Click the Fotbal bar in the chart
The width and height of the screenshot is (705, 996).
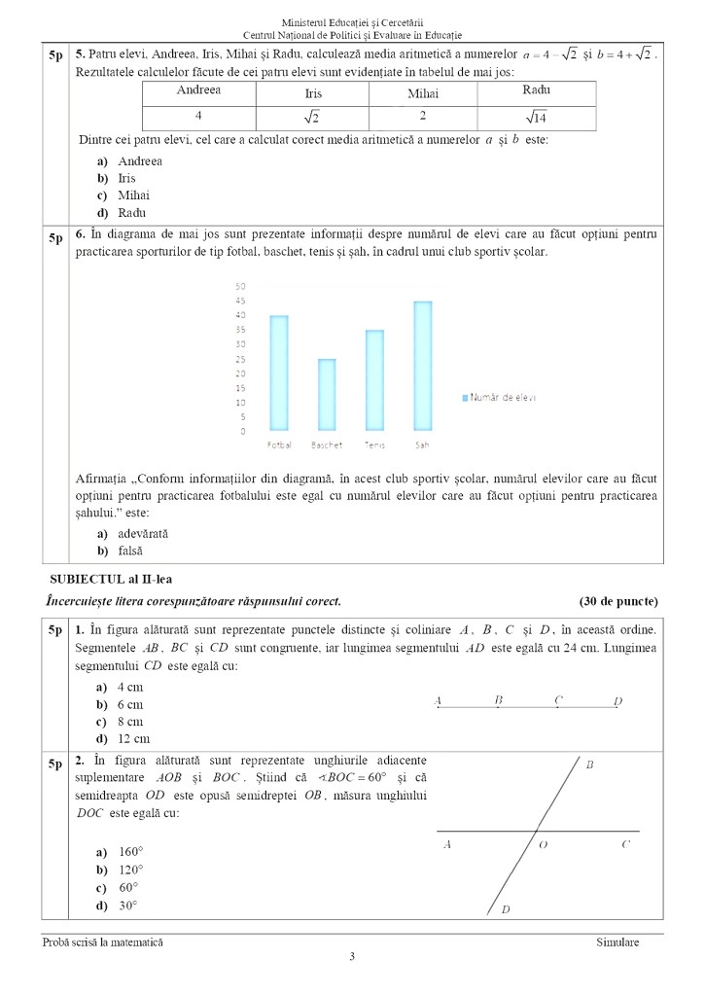[x=278, y=373]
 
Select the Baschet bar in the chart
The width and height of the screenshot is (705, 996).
[x=327, y=394]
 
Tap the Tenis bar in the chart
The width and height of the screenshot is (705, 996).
[x=374, y=379]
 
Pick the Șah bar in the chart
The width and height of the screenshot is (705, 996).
[x=422, y=366]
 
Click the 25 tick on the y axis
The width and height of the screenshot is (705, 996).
[x=241, y=359]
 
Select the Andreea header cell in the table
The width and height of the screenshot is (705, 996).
[x=198, y=90]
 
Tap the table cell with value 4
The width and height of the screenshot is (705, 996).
[x=198, y=116]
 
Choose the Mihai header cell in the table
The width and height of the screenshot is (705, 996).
[x=423, y=93]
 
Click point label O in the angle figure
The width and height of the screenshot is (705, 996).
[x=543, y=845]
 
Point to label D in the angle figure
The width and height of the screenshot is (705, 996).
[x=505, y=909]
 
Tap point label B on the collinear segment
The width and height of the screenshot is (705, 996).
[x=498, y=699]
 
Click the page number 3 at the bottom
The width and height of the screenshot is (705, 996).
[x=352, y=957]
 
